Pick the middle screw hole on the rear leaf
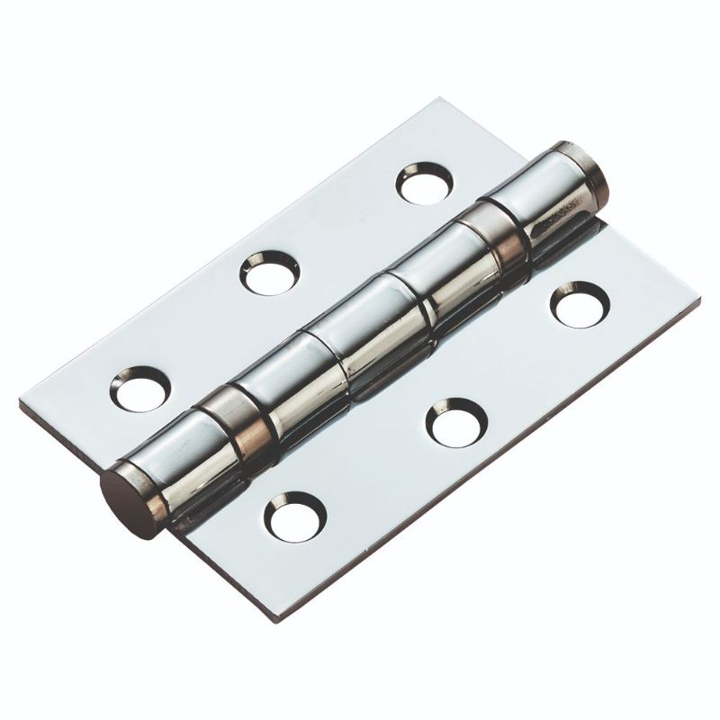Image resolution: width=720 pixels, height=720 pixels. (270, 272)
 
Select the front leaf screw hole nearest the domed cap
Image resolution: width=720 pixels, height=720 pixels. (580, 303)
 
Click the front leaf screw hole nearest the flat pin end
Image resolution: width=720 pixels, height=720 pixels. (294, 517)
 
